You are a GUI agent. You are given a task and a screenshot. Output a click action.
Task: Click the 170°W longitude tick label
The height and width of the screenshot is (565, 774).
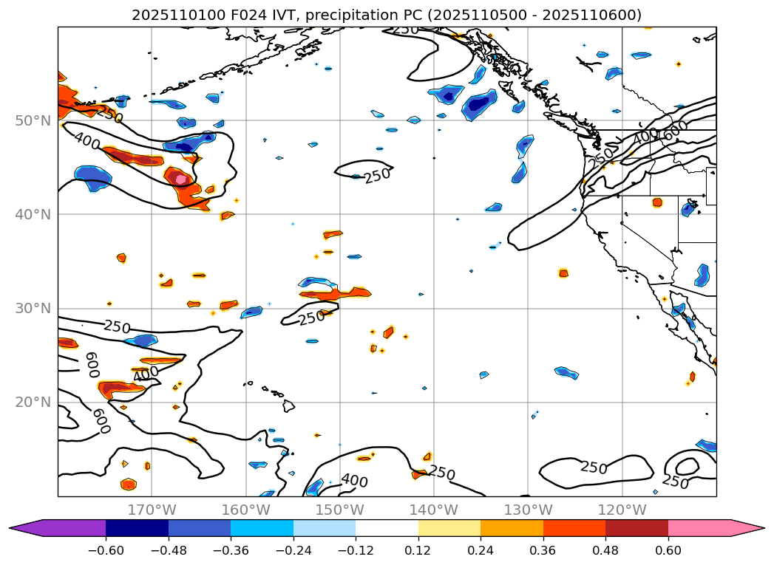click(x=152, y=510)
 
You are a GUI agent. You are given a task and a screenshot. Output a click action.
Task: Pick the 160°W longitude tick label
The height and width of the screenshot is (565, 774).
click(x=245, y=510)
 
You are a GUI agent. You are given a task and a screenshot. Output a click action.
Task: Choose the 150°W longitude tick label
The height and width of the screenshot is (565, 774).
click(x=339, y=510)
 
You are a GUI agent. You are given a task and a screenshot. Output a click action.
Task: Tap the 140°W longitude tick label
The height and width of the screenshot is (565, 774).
click(x=434, y=510)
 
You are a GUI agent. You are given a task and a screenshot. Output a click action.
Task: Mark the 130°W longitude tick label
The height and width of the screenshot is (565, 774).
click(x=528, y=510)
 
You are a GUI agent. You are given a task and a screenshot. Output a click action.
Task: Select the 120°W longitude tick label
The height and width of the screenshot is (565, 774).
click(x=622, y=510)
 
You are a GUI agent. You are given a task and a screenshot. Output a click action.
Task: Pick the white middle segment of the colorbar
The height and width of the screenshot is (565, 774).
click(x=387, y=528)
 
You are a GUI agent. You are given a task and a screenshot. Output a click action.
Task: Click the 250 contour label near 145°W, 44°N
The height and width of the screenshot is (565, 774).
click(x=377, y=176)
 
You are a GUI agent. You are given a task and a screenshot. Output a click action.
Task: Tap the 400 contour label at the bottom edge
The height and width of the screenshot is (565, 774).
click(x=354, y=481)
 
